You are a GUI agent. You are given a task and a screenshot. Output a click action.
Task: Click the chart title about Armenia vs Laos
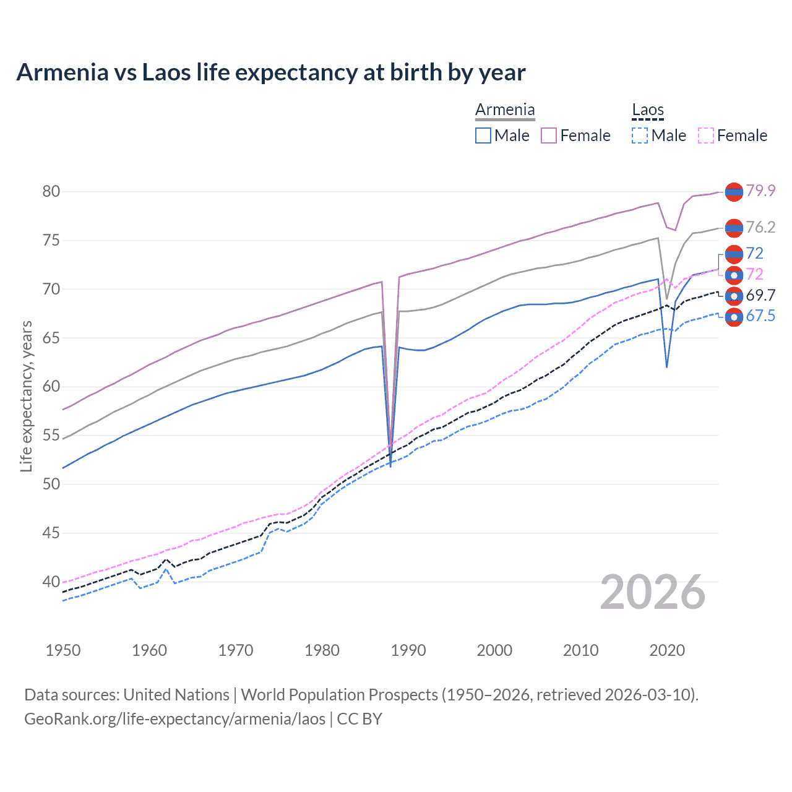click(271, 72)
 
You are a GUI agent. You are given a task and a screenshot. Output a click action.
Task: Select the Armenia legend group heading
click(505, 110)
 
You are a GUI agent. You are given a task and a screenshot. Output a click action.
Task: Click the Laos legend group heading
click(647, 110)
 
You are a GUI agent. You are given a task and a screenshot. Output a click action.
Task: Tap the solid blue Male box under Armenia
click(483, 136)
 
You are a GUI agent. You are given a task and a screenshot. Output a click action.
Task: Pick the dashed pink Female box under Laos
click(706, 136)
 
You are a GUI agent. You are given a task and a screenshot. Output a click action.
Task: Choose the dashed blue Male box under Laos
click(640, 136)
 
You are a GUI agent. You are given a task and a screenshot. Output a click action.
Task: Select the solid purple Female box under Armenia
click(549, 136)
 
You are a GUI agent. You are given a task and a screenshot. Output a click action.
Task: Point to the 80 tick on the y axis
click(51, 191)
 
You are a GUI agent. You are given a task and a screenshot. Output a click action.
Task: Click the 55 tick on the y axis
click(51, 435)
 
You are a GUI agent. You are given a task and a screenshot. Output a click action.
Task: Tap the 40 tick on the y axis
click(51, 582)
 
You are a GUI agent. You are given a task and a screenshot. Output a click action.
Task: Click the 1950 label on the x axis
click(63, 650)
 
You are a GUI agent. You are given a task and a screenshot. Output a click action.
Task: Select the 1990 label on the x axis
click(408, 650)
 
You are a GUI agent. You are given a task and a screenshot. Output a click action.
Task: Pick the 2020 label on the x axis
click(667, 650)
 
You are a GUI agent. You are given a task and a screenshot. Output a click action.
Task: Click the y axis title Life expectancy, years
click(26, 396)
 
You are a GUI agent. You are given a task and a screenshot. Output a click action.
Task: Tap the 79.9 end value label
click(760, 191)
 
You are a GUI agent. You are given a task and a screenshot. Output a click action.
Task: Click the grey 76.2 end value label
click(760, 227)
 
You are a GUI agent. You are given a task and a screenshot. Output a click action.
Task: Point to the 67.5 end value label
click(760, 316)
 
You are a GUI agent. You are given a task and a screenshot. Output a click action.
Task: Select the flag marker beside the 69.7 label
click(734, 296)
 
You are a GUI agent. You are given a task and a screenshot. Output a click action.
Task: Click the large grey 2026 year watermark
click(653, 592)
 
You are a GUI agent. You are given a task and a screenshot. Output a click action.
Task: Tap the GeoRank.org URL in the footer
click(174, 718)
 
